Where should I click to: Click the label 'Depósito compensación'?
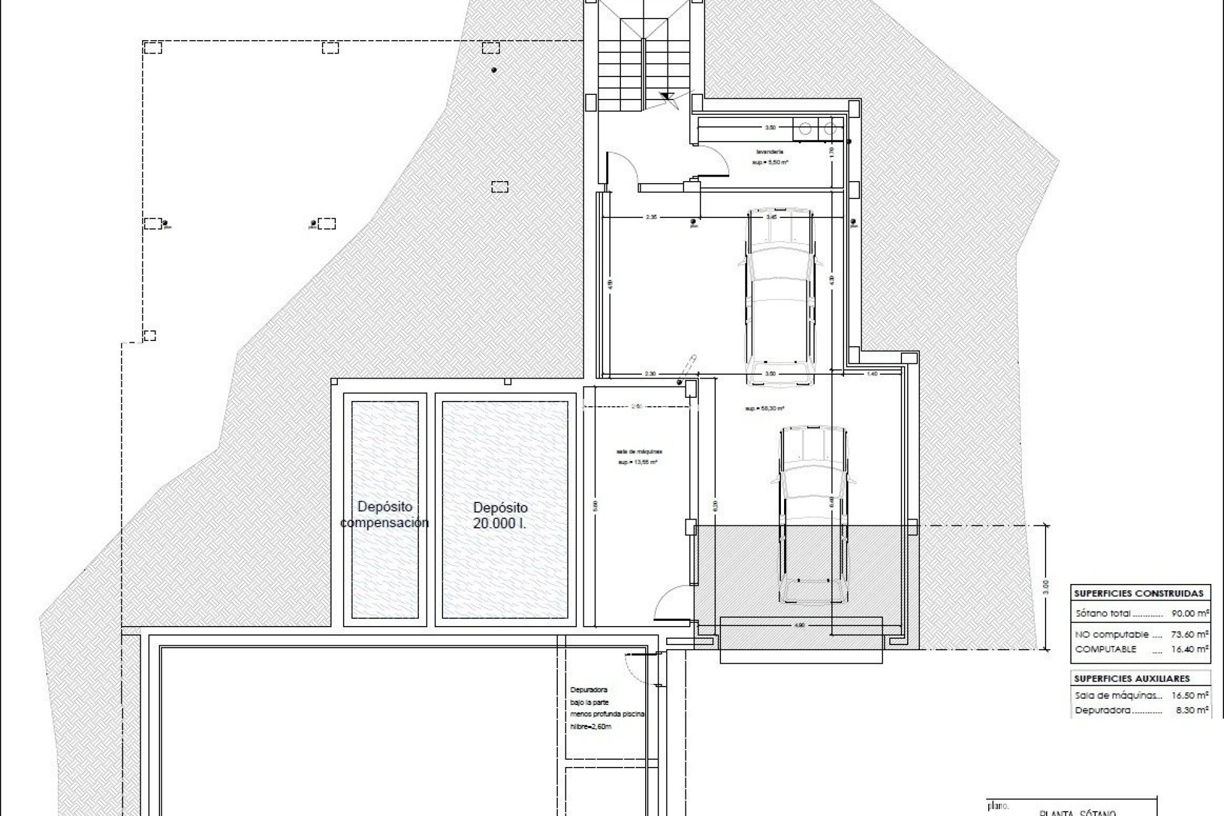click(384, 514)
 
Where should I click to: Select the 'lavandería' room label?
click(769, 152)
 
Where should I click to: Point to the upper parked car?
click(781, 296)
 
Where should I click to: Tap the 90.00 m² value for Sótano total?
click(1190, 613)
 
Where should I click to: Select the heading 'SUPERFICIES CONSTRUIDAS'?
click(1139, 593)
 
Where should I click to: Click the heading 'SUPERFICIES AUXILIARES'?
click(1132, 679)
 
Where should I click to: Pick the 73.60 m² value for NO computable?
click(1190, 634)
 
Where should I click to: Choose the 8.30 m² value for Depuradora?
click(1191, 710)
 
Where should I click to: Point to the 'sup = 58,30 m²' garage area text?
click(764, 409)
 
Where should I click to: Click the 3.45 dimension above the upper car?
click(771, 217)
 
